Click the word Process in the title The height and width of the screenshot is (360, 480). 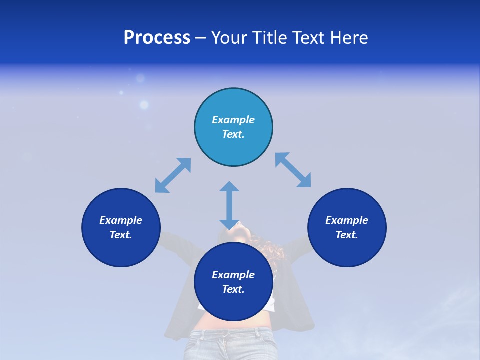click(157, 38)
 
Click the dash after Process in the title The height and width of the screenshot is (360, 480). click(200, 38)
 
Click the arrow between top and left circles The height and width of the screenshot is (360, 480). click(173, 175)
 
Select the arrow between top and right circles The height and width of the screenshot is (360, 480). click(293, 170)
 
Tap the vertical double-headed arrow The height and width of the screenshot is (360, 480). click(229, 205)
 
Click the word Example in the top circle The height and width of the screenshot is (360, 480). click(233, 120)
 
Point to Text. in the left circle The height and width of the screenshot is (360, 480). click(121, 235)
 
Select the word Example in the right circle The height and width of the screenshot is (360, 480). click(347, 220)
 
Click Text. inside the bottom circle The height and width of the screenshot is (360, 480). click(233, 289)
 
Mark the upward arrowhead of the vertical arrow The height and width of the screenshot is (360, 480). click(229, 187)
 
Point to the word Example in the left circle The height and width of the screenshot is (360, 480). click(121, 220)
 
